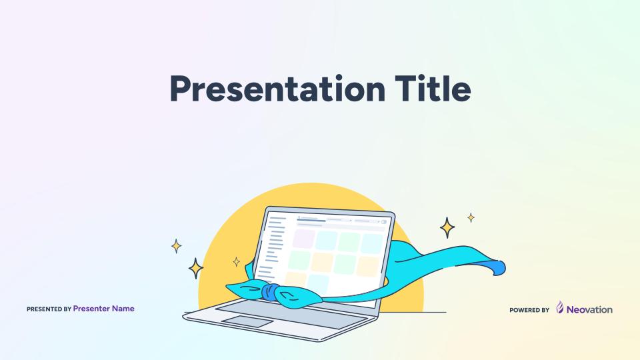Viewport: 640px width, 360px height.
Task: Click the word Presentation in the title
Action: [277, 89]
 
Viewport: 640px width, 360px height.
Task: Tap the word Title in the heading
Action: [433, 88]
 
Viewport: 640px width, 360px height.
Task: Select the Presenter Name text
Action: [104, 309]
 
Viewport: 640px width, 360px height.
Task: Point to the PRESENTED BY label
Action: [49, 309]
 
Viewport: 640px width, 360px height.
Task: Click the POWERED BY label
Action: [529, 310]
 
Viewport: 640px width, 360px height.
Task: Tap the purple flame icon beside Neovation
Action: [560, 307]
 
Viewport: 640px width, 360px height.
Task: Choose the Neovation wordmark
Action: [589, 310]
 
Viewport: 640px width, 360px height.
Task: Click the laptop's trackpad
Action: [247, 321]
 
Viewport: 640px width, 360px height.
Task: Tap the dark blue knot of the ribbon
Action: [271, 292]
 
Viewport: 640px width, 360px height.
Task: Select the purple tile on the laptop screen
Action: [304, 239]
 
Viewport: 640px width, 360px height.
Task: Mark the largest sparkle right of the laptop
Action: [447, 228]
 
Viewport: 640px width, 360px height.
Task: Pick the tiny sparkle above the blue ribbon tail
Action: [471, 217]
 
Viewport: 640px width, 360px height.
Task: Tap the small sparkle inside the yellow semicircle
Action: [236, 261]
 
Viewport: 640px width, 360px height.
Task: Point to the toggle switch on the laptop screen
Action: [384, 222]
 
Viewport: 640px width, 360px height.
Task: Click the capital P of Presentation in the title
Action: [180, 88]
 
